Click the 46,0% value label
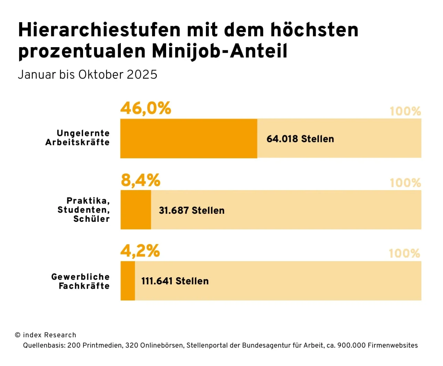[x=146, y=108]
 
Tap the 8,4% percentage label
[x=141, y=180]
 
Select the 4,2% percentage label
[x=140, y=251]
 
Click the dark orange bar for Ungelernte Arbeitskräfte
[x=189, y=139]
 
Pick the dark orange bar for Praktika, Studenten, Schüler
[x=136, y=210]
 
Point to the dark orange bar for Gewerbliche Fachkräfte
[x=128, y=281]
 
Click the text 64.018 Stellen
[x=300, y=139]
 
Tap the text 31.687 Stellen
[x=191, y=210]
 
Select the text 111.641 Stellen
[x=175, y=281]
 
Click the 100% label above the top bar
[x=405, y=111]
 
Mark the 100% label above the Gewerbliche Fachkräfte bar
[x=404, y=253]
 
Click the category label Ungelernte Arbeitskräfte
[x=78, y=138]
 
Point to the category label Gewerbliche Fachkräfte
[x=80, y=281]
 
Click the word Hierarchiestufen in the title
[x=99, y=30]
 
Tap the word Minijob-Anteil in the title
[x=219, y=51]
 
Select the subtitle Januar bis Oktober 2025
[x=88, y=75]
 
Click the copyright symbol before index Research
[x=18, y=335]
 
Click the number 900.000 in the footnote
[x=351, y=346]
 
